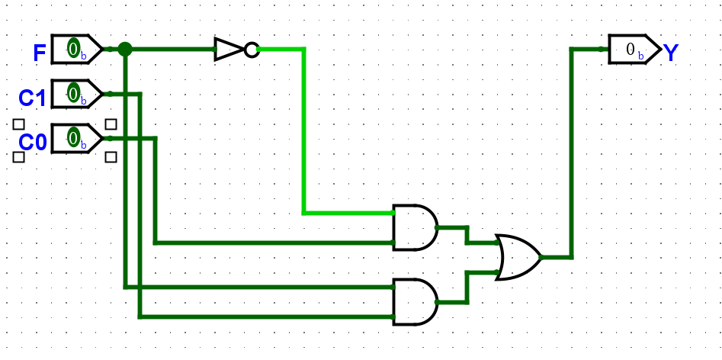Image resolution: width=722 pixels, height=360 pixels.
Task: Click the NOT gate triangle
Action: tap(228, 50)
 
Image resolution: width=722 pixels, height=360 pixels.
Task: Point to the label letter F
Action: tap(40, 53)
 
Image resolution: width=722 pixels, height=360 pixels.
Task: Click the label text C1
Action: tap(33, 98)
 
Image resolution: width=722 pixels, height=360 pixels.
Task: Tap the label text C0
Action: tap(33, 143)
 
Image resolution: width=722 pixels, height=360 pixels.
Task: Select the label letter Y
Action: tap(671, 53)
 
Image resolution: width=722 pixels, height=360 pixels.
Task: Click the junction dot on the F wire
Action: tap(125, 50)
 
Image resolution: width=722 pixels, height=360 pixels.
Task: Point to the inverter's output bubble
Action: tap(252, 50)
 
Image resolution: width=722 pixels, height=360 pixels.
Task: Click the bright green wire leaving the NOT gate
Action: tap(304, 130)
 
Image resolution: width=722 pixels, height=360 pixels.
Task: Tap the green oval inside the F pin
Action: tap(73, 49)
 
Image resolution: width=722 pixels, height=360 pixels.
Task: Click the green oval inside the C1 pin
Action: tap(73, 94)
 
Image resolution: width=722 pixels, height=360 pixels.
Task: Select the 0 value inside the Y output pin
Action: tap(631, 50)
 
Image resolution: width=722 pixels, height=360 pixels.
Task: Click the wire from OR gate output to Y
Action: tap(572, 153)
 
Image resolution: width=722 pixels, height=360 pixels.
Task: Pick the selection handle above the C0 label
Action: tap(19, 124)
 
